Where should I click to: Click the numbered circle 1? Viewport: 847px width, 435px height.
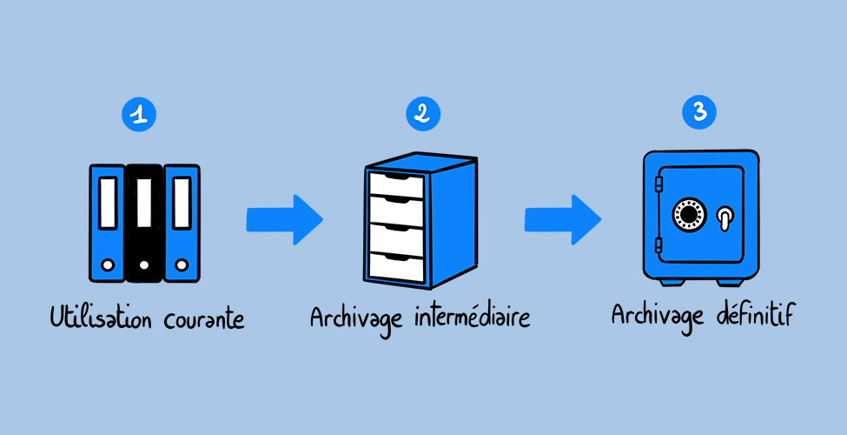point(140,113)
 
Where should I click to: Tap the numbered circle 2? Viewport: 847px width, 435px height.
point(422,113)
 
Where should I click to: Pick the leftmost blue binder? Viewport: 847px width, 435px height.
point(107,223)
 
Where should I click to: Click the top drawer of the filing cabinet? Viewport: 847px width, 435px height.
point(397,185)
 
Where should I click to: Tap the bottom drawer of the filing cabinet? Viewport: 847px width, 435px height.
point(397,264)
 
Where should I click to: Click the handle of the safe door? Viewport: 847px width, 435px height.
point(725,217)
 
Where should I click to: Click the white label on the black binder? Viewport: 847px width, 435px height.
point(144,203)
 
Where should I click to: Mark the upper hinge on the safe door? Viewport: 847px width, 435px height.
point(658,184)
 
